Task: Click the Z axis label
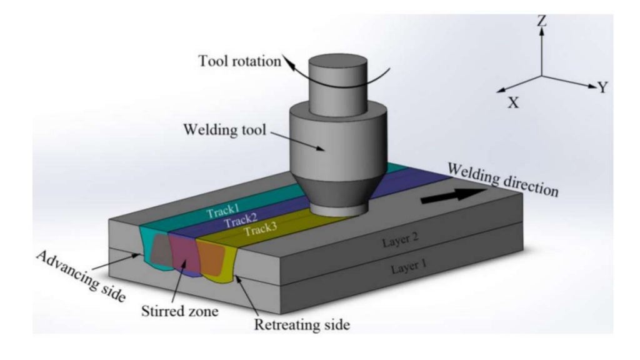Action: coord(542,21)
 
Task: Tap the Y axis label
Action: coord(602,87)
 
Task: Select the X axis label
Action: coord(513,102)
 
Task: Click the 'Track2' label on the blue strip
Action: coord(240,221)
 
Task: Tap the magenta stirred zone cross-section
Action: coord(182,252)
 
